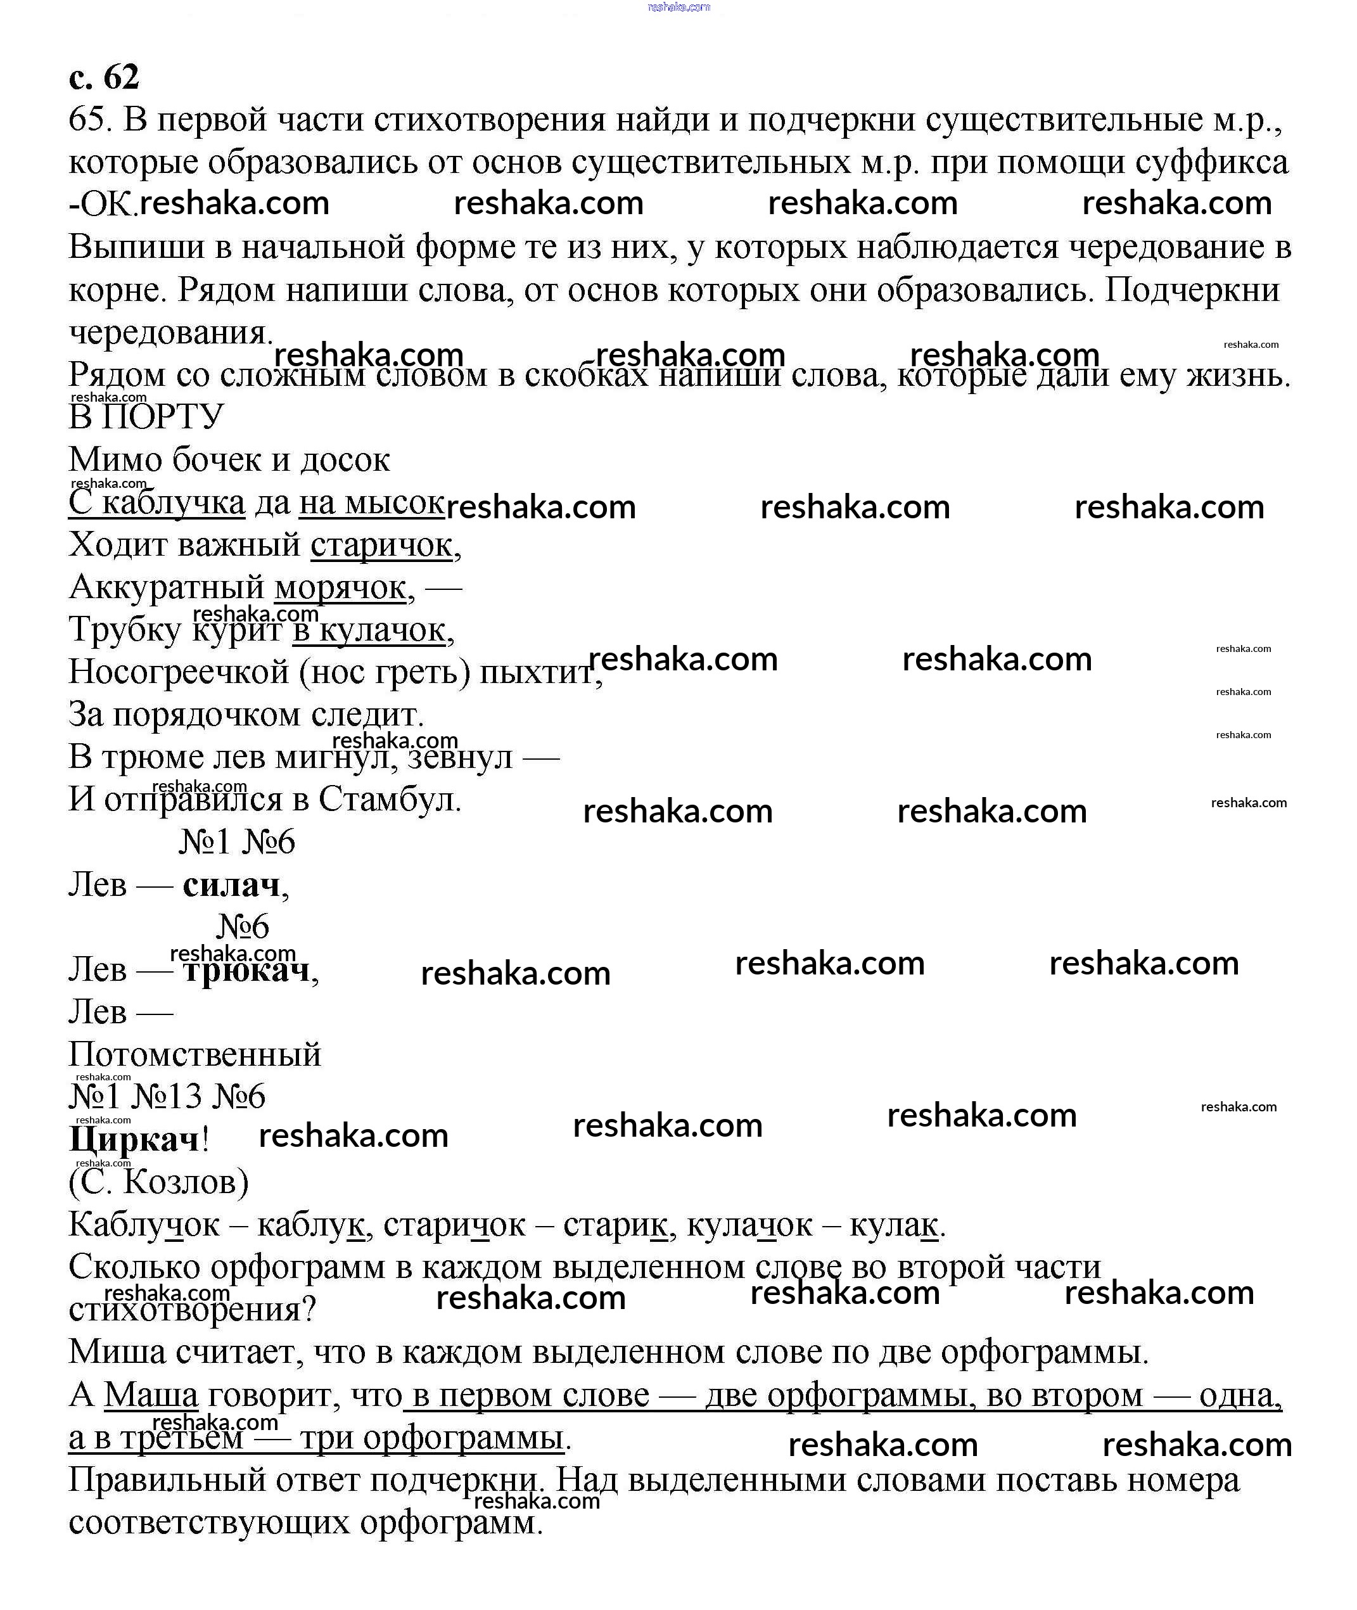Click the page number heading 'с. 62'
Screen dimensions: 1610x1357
pyautogui.click(x=104, y=77)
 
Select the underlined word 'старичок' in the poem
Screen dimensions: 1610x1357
pyautogui.click(x=381, y=546)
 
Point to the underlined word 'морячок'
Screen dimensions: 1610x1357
pyautogui.click(x=340, y=588)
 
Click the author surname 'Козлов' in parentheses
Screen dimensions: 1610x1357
pyautogui.click(x=184, y=1182)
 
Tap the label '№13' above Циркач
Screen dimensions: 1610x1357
pyautogui.click(x=167, y=1097)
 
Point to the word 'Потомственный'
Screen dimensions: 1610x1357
pyautogui.click(x=194, y=1054)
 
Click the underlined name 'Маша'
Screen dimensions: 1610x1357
pyautogui.click(x=151, y=1395)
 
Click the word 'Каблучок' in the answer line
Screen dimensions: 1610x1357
pyautogui.click(x=144, y=1225)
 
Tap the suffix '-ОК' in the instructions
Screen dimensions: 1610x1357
pyautogui.click(x=101, y=205)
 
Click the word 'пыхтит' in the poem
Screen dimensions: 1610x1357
pyautogui.click(x=537, y=673)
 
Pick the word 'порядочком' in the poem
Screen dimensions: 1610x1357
pyautogui.click(x=207, y=715)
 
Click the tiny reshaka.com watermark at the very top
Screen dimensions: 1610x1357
pyautogui.click(x=678, y=7)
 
